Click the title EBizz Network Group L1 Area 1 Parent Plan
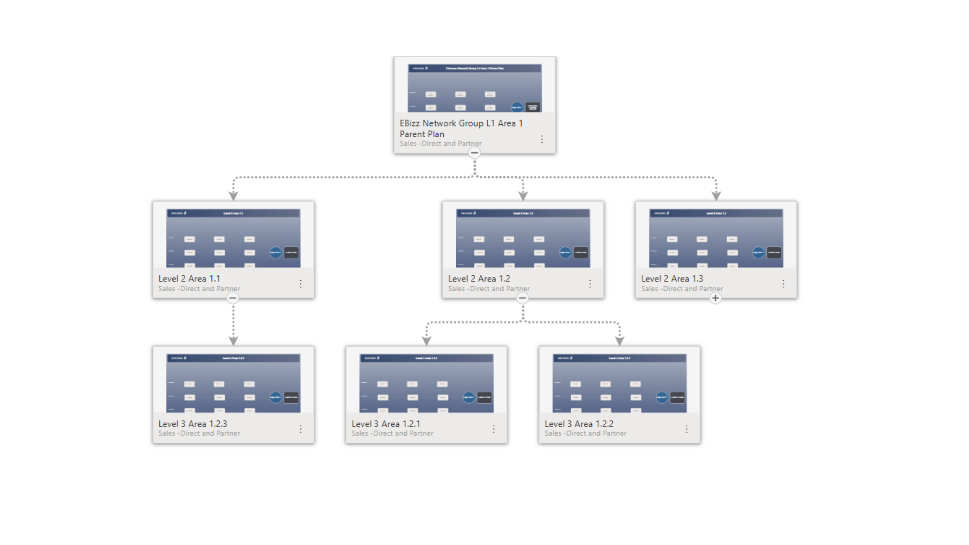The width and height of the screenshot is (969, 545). point(461,128)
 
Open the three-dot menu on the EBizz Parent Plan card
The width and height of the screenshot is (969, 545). point(542,139)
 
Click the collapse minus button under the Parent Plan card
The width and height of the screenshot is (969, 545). point(474,153)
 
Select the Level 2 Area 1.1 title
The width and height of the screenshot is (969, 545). point(189,279)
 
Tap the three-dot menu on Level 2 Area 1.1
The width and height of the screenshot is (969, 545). point(301,283)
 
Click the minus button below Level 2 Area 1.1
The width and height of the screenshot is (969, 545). point(232,298)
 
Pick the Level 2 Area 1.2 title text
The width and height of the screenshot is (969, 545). point(479,279)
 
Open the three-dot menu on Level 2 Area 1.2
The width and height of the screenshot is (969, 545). point(590,283)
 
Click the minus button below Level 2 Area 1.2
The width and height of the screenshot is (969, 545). point(522,298)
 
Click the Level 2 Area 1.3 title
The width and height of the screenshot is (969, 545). point(672,279)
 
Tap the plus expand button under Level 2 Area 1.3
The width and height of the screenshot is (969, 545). point(716,298)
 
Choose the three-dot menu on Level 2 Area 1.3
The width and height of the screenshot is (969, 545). point(783,283)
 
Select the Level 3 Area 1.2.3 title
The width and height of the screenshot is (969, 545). point(193,424)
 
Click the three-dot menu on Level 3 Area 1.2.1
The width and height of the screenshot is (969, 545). point(493,429)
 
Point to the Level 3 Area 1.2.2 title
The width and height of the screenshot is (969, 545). point(579,424)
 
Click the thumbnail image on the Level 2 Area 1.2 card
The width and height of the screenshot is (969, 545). point(523,238)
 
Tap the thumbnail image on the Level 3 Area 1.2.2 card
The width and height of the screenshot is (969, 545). point(620,383)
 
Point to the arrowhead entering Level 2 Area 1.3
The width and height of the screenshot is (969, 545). point(716,196)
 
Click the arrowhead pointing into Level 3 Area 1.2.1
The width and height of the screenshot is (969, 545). point(427,341)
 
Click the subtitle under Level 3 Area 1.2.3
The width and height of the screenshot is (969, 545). point(199,433)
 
